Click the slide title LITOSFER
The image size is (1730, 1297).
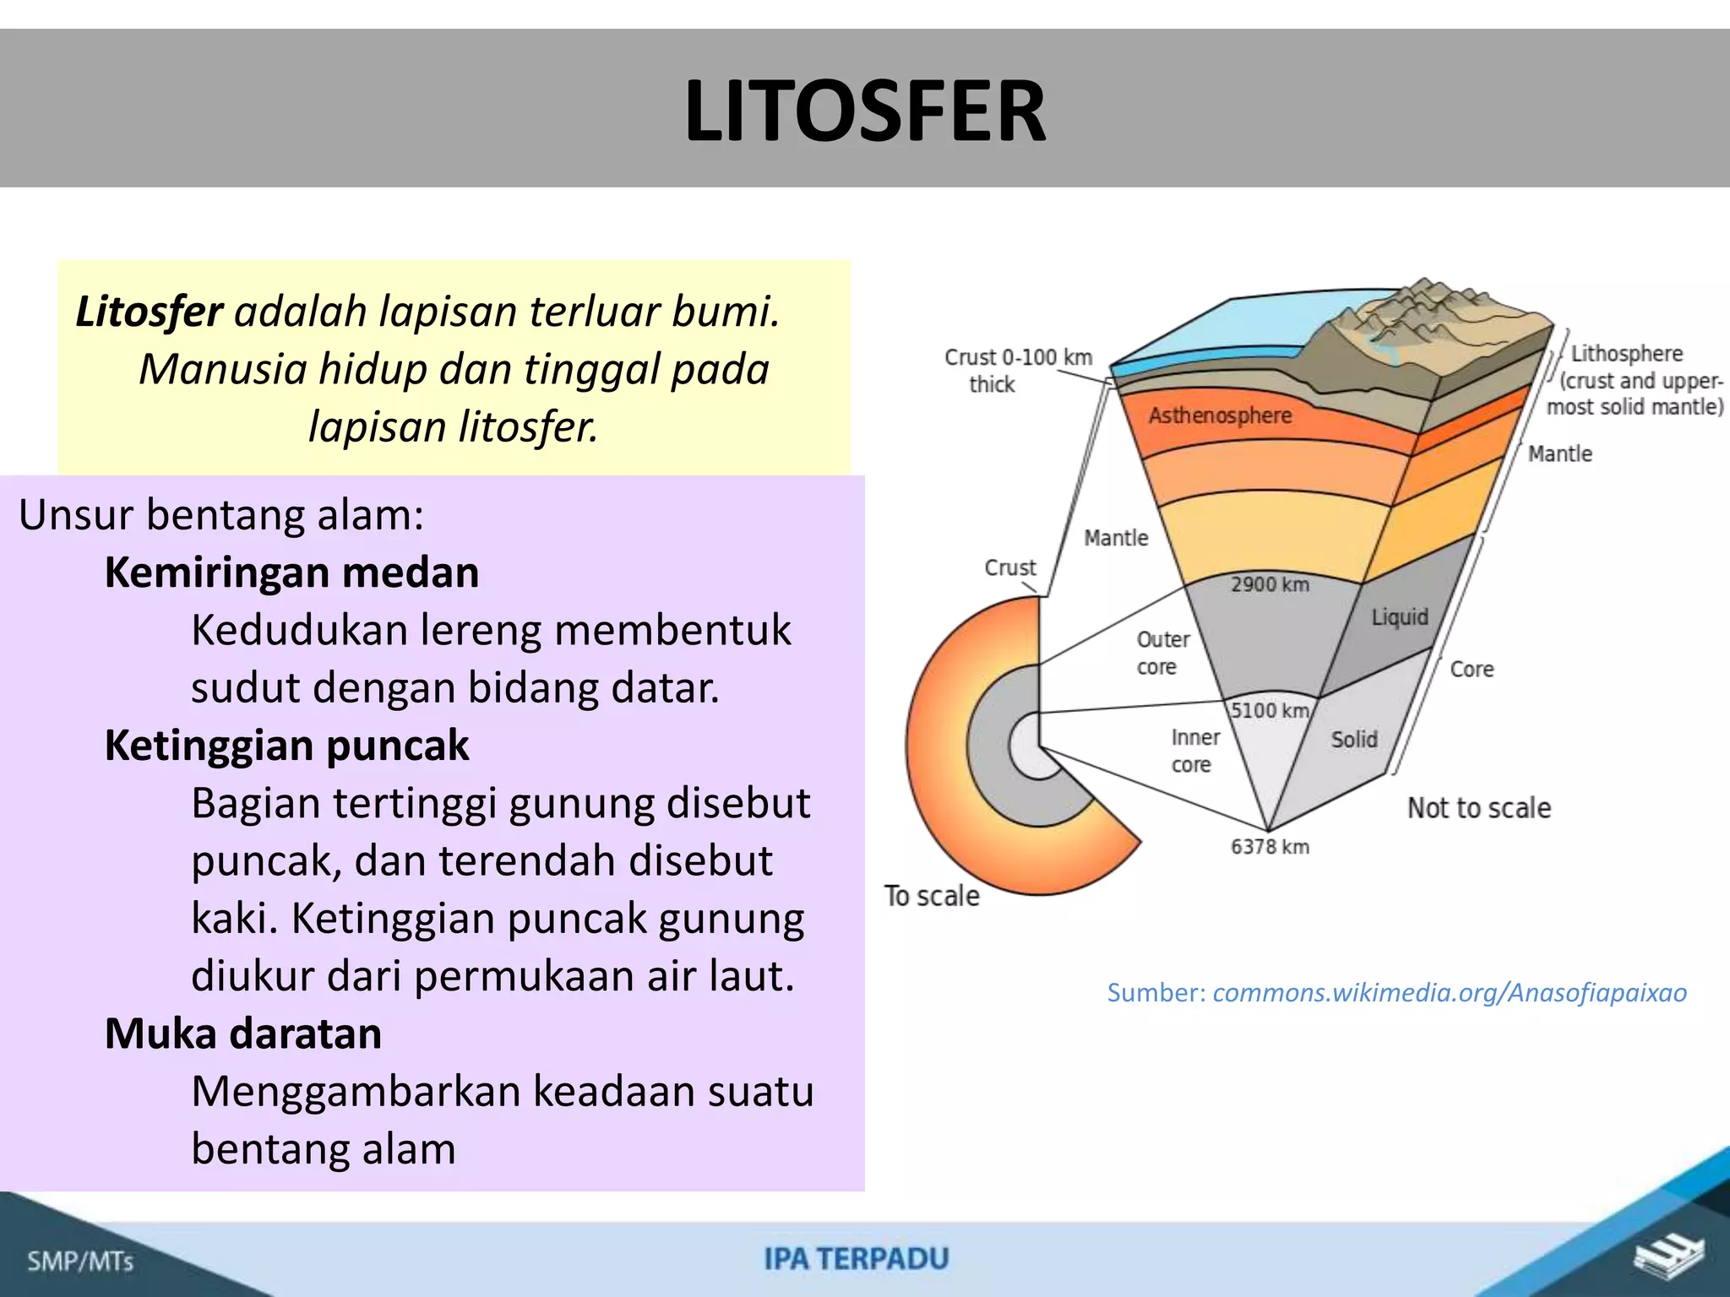pos(865,111)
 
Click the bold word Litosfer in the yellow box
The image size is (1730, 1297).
pos(149,312)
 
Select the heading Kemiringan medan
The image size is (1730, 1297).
pos(291,573)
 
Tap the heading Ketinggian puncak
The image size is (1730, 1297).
pos(286,746)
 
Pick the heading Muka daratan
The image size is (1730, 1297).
pos(243,1034)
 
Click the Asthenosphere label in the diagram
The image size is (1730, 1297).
pos(1220,415)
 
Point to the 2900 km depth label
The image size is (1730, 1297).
pos(1269,584)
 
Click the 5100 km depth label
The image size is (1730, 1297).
pos(1269,710)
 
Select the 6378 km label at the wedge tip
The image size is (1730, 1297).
pos(1269,847)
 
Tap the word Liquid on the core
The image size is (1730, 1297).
pos(1399,617)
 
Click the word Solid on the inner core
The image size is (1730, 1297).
pos(1353,740)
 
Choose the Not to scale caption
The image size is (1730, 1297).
pos(1478,808)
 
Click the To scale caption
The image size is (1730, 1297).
pos(932,896)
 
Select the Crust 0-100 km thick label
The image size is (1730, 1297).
pos(1017,370)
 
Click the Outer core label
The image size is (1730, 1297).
pos(1161,653)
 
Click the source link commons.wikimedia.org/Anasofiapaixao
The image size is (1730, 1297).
pos(1449,992)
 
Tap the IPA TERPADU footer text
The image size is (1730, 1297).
pos(857,1259)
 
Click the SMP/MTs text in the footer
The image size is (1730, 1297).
pos(80,1262)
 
